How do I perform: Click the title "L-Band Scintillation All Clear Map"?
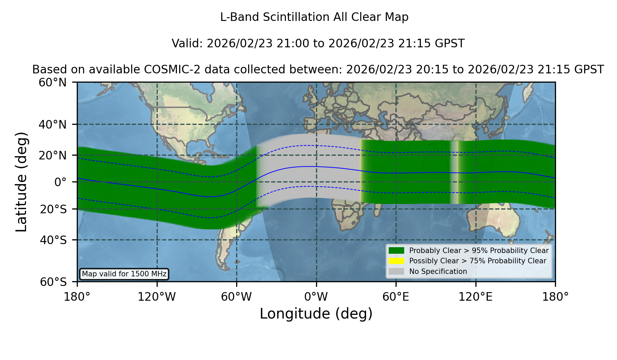tap(314, 17)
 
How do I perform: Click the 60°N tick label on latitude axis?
tap(52, 82)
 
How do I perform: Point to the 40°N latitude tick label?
tap(52, 124)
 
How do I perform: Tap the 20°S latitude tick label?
tap(53, 209)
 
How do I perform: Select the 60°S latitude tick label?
tap(53, 282)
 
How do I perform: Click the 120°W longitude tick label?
tap(157, 297)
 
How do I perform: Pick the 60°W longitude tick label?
tap(237, 297)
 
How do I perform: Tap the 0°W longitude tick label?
tap(316, 297)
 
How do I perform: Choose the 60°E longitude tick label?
tap(396, 297)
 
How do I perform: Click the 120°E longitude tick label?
tap(475, 297)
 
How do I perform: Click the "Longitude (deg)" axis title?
tap(316, 314)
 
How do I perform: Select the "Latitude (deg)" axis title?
tap(21, 182)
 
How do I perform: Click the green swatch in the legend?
tap(396, 251)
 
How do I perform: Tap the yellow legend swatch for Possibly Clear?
tap(396, 261)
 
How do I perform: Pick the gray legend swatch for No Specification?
tap(396, 272)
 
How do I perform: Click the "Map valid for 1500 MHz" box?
tap(124, 274)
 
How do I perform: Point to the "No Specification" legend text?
tap(438, 272)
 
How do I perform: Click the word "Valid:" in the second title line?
tap(187, 44)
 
